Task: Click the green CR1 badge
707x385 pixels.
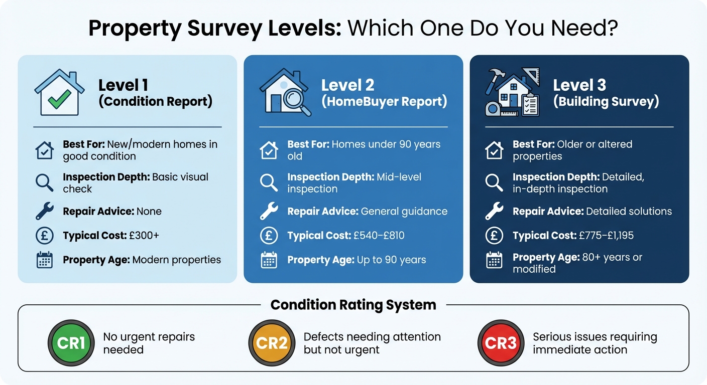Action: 71,343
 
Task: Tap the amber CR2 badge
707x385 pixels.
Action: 272,343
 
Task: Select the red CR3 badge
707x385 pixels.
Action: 501,343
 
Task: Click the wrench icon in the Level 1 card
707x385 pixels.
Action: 45,211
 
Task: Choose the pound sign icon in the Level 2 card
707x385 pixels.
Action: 269,235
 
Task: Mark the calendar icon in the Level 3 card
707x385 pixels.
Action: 494,260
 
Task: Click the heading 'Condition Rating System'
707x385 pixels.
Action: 353,305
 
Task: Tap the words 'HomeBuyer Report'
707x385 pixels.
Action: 384,102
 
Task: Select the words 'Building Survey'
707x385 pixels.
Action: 606,102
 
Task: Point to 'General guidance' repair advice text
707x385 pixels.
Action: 404,211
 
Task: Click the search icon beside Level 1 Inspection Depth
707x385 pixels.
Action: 45,182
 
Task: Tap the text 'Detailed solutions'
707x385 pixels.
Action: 628,211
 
